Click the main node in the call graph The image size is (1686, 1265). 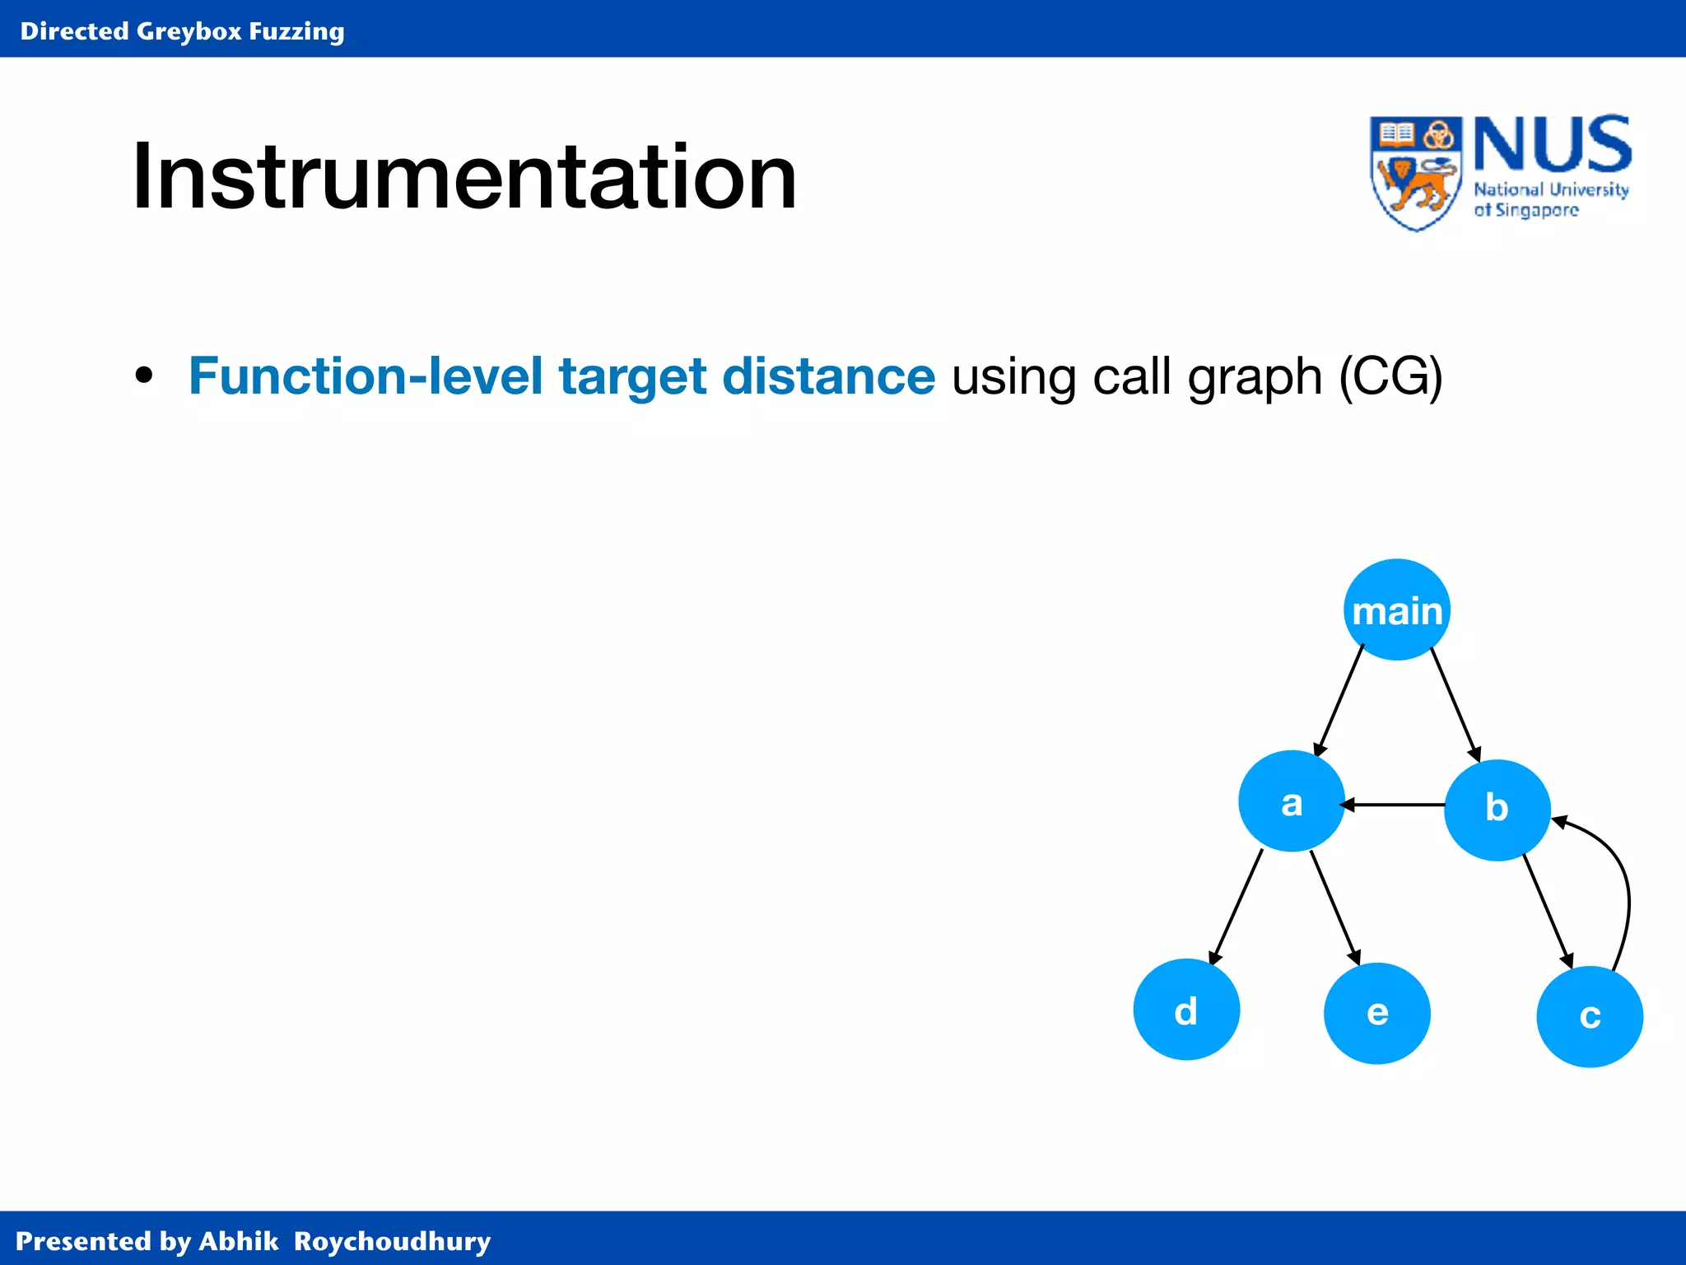click(1397, 610)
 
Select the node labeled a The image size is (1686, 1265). click(1292, 801)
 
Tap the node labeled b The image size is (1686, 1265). click(1497, 810)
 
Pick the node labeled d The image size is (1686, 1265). click(1186, 1009)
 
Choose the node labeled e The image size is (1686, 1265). click(1377, 1013)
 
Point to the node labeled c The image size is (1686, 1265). click(1590, 1017)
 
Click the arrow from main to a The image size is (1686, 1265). click(1339, 701)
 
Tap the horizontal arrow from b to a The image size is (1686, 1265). click(1392, 805)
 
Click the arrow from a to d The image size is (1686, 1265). click(1236, 907)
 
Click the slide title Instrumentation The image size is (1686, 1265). click(464, 176)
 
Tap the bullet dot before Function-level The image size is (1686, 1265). click(144, 376)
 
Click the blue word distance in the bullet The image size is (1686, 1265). click(828, 376)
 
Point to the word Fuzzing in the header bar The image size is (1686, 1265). click(296, 32)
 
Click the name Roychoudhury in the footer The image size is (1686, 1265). click(392, 1241)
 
